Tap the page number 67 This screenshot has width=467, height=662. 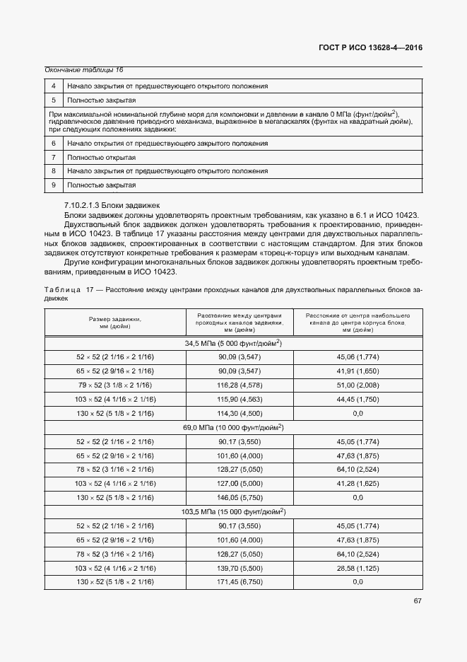pos(417,601)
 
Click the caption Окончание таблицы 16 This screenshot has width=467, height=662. pos(84,69)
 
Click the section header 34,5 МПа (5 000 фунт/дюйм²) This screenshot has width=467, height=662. pos(233,343)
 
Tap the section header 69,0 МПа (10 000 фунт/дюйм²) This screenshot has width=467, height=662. pos(233,427)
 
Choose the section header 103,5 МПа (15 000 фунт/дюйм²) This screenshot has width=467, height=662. pos(233,511)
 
